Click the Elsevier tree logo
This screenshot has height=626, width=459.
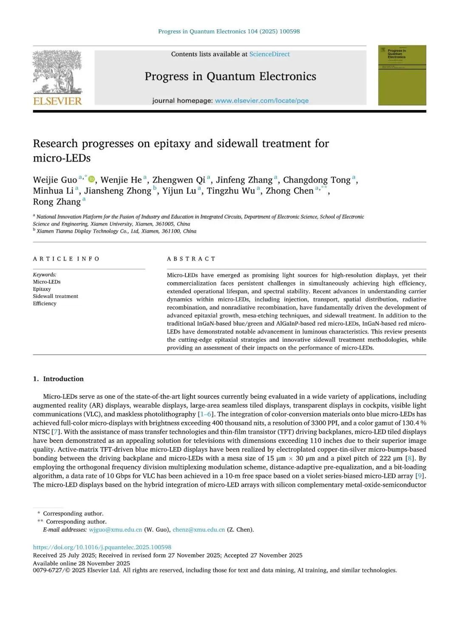(x=57, y=72)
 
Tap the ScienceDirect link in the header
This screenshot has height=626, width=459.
(x=269, y=54)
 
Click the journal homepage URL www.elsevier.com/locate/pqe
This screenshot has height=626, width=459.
(x=261, y=101)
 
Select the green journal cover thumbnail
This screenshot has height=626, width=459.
(x=402, y=75)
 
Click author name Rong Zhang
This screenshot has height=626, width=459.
(x=57, y=202)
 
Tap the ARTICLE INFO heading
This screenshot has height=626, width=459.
(x=66, y=259)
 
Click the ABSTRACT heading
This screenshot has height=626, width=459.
(x=191, y=259)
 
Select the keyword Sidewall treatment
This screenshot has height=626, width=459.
(x=56, y=296)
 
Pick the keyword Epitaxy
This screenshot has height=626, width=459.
(x=42, y=289)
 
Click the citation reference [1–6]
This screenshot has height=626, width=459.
(x=207, y=414)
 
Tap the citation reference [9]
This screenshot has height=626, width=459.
(x=419, y=476)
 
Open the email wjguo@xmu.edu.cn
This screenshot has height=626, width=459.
(x=115, y=530)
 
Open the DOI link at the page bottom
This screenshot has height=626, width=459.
(x=102, y=547)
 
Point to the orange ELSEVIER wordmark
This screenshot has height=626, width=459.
(x=57, y=101)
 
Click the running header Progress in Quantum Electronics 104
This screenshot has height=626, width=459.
(x=229, y=31)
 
